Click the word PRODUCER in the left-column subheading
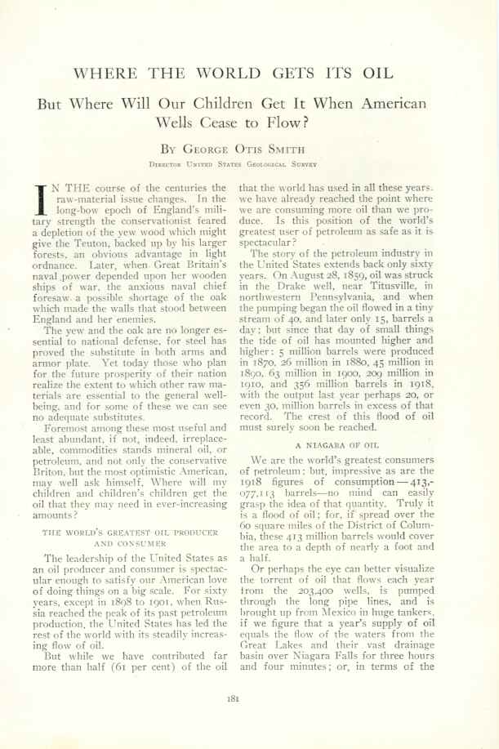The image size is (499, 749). click(190, 533)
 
